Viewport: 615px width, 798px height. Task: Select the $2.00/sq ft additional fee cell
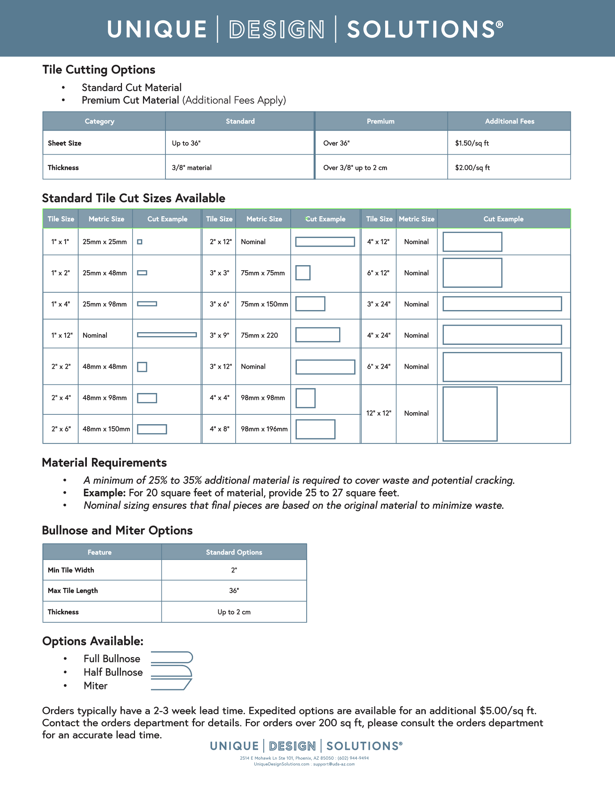click(472, 168)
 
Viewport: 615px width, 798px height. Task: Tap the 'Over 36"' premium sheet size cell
click(336, 143)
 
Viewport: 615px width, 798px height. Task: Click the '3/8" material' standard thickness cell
click(192, 168)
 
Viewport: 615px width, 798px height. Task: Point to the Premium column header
click(380, 121)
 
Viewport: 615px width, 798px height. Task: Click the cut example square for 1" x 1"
click(139, 242)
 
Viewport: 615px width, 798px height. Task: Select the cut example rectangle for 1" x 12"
click(167, 335)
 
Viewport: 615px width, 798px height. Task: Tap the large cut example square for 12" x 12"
click(470, 414)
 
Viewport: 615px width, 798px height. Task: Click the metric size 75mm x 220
click(259, 335)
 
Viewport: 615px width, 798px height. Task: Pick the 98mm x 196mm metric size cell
click(264, 429)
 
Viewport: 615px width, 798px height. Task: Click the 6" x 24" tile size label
click(379, 367)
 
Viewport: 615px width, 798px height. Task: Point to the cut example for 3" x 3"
click(303, 273)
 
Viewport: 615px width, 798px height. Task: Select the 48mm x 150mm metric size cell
click(106, 429)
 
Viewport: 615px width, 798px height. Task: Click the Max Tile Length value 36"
click(234, 591)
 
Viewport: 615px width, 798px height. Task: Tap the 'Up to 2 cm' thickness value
click(234, 612)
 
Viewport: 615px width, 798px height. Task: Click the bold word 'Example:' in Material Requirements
click(105, 493)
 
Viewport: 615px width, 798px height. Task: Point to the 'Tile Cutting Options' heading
click(98, 70)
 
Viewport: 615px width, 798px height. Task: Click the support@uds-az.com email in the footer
click(334, 764)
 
